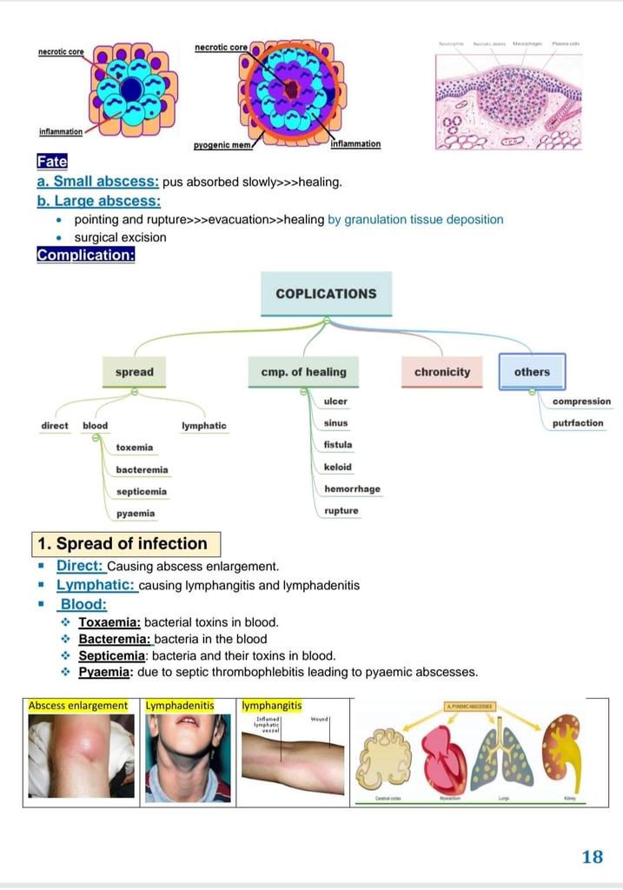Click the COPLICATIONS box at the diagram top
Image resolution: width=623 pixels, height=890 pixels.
326,294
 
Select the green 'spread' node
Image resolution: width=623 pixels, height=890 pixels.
134,372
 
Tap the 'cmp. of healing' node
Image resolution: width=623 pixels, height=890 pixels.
303,372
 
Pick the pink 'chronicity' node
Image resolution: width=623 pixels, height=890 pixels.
442,372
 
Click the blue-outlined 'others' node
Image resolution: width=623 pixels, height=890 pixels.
532,372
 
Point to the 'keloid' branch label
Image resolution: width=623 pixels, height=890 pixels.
337,467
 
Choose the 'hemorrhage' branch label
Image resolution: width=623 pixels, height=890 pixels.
352,488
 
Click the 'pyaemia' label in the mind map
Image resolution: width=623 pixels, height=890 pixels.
136,513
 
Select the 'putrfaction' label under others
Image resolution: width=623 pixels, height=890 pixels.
578,423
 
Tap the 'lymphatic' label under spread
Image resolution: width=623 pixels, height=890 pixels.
204,426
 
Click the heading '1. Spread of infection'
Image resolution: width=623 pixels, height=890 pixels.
122,544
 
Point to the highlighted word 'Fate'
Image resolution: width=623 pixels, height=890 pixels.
51,161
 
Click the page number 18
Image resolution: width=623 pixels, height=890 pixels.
592,857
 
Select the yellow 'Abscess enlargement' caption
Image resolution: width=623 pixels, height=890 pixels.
77,706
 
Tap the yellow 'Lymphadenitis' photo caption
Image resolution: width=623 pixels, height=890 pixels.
180,706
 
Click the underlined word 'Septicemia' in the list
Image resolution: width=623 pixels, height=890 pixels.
111,655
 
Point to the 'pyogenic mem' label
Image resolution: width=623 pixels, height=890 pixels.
222,145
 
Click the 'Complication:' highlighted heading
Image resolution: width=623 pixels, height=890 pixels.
85,255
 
